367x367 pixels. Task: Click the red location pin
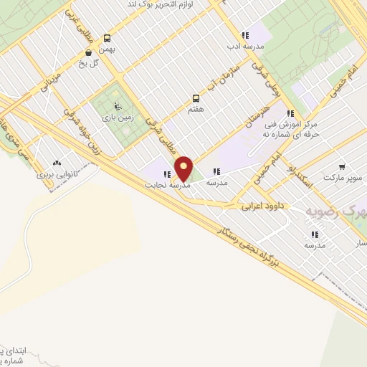click(x=183, y=169)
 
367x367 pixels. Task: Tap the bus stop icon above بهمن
click(x=107, y=38)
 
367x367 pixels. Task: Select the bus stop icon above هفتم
click(x=195, y=98)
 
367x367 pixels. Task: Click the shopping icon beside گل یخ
click(x=88, y=52)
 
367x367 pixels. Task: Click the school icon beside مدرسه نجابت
click(x=167, y=174)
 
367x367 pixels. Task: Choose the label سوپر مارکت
click(x=343, y=177)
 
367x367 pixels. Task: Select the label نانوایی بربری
click(x=56, y=174)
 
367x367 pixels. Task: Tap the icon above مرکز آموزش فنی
click(x=290, y=113)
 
